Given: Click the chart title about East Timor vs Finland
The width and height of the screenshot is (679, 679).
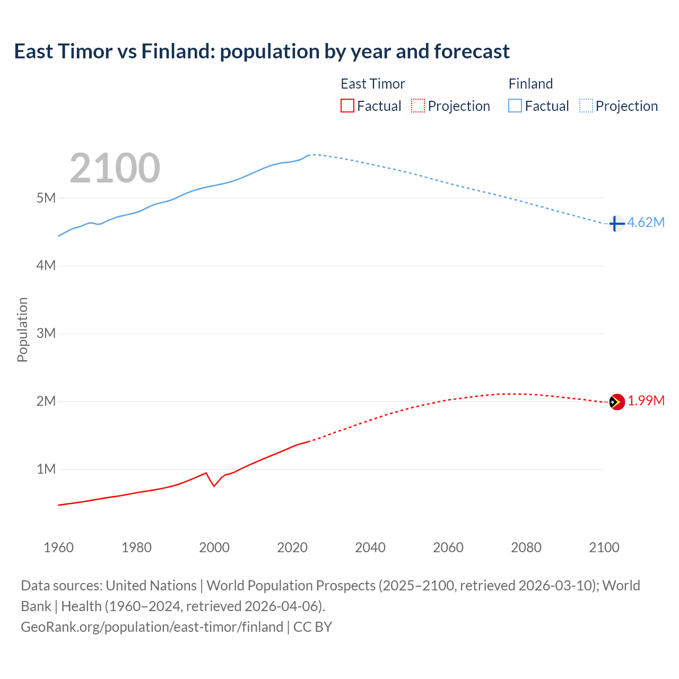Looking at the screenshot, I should click(262, 51).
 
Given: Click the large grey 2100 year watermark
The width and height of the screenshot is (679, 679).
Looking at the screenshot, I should click(115, 168).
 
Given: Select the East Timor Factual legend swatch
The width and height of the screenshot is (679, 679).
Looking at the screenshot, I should click(347, 106).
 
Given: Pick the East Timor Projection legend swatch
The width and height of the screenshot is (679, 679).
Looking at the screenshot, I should click(418, 106).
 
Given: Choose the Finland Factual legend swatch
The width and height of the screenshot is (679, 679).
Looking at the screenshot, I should click(515, 106).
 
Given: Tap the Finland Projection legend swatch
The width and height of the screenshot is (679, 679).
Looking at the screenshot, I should click(586, 106).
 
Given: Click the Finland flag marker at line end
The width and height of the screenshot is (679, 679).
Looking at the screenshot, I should click(616, 224).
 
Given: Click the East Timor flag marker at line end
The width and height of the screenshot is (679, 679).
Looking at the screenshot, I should click(616, 402).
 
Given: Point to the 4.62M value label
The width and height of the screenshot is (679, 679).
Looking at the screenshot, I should click(646, 222).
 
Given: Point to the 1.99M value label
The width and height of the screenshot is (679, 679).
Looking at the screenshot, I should click(646, 401).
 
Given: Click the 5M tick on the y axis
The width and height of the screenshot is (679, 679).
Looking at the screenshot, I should click(46, 198).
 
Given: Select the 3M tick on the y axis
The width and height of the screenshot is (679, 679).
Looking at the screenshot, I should click(46, 333).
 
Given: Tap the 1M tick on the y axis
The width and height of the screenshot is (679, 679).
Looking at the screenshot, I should click(46, 469).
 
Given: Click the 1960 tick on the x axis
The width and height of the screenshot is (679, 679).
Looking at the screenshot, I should click(58, 547).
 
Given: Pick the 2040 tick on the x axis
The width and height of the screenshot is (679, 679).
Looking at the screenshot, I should click(370, 547).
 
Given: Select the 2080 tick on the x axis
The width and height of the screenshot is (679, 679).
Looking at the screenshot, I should click(526, 547).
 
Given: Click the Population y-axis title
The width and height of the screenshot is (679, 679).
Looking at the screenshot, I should click(22, 329).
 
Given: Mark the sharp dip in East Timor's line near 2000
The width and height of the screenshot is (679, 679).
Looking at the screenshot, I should click(214, 485).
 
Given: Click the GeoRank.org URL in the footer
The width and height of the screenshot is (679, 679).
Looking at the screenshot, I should click(152, 626).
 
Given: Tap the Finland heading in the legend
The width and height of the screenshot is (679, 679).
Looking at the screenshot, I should click(530, 84).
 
